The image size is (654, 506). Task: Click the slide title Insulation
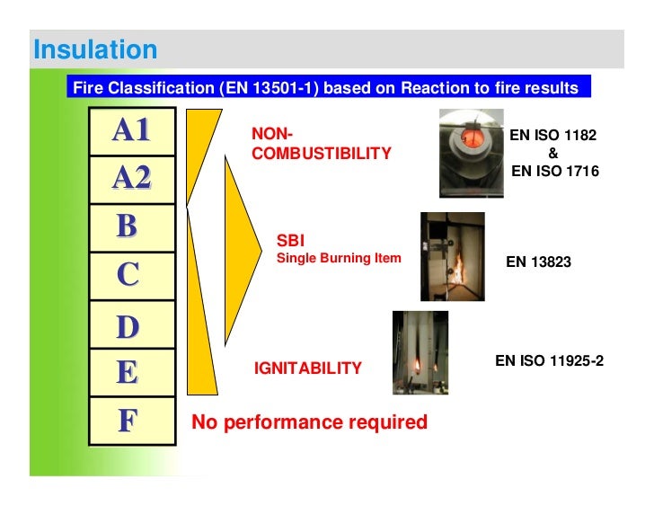coord(94,49)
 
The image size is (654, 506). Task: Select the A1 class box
coord(131,131)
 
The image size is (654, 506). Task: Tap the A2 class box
coord(131,179)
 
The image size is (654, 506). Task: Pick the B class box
coord(131,227)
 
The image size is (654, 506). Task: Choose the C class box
coord(131,276)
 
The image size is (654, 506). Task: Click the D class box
coord(131,325)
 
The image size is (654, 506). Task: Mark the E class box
coord(131,373)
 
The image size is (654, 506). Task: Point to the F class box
coord(131,421)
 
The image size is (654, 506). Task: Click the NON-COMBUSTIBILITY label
coord(321,144)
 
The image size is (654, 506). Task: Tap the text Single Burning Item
coord(339,259)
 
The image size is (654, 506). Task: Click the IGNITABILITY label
coord(308,368)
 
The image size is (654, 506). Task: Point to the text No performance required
coord(310,422)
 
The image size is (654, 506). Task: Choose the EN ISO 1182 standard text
coord(552,136)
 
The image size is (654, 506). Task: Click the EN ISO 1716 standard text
coord(554,171)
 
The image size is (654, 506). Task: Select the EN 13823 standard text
coord(538,262)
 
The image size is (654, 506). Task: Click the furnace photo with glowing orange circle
coord(471,153)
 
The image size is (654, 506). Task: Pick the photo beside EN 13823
coord(452,256)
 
